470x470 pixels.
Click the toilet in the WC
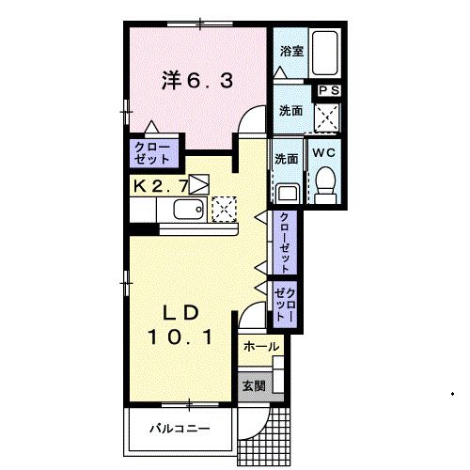[325, 182]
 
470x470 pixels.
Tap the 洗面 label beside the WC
[287, 158]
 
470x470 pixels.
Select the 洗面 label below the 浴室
[290, 111]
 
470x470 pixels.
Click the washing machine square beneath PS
[327, 116]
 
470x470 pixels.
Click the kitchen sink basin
[189, 209]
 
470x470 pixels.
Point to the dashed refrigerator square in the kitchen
[224, 208]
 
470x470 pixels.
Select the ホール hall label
[260, 347]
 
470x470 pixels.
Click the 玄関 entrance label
[253, 385]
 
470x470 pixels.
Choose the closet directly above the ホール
[285, 303]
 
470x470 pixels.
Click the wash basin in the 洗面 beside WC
[287, 191]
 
